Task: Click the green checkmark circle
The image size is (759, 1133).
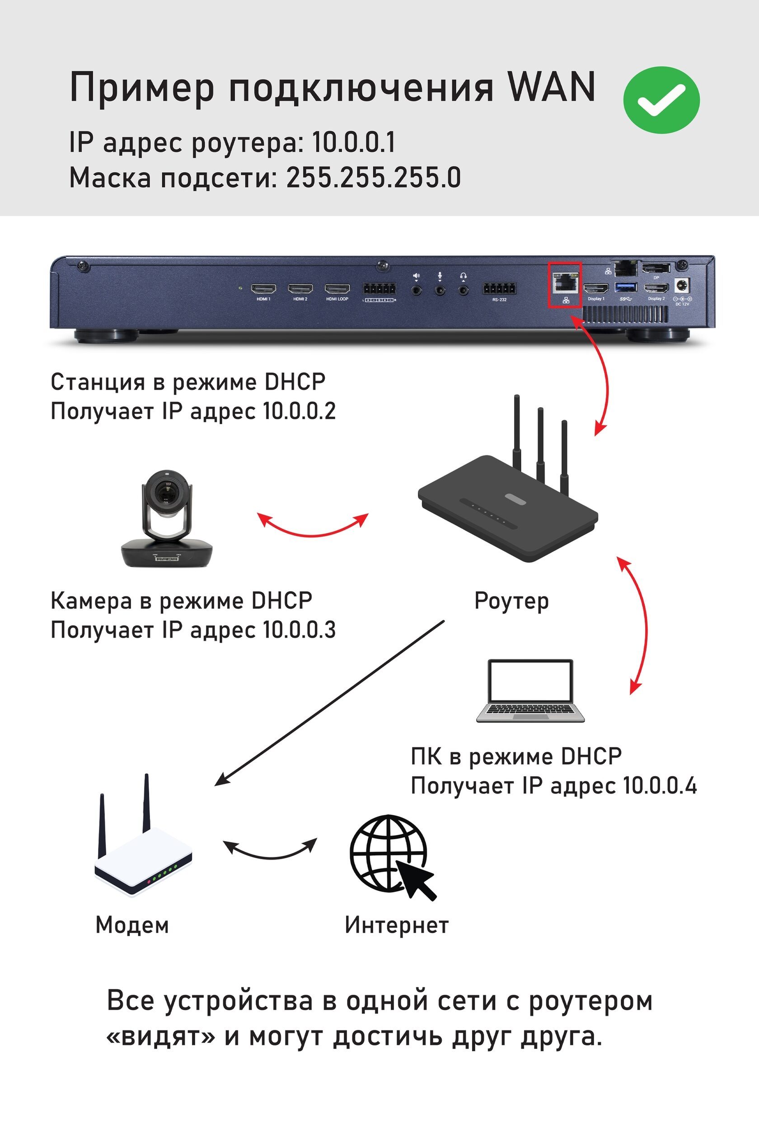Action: coord(661,100)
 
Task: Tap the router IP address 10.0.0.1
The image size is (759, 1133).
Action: coord(353,142)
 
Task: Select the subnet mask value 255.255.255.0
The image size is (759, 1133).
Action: coord(373,178)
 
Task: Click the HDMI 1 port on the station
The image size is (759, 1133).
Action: coord(263,289)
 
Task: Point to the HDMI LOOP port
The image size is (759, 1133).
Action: coord(337,289)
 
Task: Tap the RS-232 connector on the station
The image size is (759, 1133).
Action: coord(499,289)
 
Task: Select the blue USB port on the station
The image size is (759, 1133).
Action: coord(625,287)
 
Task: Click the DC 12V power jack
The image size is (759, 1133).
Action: coord(682,285)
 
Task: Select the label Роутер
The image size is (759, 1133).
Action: coord(511,602)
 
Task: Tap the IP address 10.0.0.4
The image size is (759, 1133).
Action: coord(659,785)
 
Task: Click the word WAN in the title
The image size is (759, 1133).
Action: coord(551,87)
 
